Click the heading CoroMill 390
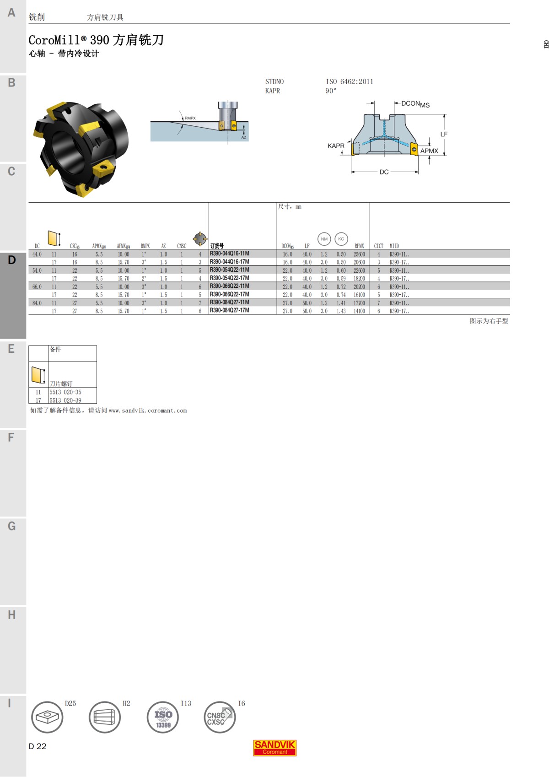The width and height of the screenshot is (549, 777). pos(96,40)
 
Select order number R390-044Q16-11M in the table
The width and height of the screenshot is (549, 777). pos(229,254)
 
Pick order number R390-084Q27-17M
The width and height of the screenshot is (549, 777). pos(229,310)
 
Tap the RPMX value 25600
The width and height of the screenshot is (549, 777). pos(359,254)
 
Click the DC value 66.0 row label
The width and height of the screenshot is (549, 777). pos(37,287)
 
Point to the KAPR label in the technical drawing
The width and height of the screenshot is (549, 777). pos(335,146)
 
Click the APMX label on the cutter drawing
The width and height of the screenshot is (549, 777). pos(429,151)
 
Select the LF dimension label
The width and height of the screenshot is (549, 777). pos(444,134)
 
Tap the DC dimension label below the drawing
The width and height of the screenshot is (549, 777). pos(384,172)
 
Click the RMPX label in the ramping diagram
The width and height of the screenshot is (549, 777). pos(190,118)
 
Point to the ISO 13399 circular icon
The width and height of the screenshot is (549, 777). pos(163,718)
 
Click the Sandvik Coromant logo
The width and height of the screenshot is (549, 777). pos(275,748)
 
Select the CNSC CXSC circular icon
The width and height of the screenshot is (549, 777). pos(220,718)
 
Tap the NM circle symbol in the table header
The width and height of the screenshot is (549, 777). pos(324,239)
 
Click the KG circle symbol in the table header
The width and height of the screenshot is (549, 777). pos(341,239)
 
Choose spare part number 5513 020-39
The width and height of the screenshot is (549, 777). pos(65,400)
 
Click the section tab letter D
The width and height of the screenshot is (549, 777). pos(12,260)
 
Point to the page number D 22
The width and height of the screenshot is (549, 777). pos(38,746)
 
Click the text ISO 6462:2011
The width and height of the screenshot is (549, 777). pos(350,81)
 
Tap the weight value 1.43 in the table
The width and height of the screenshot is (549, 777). pos(341,311)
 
